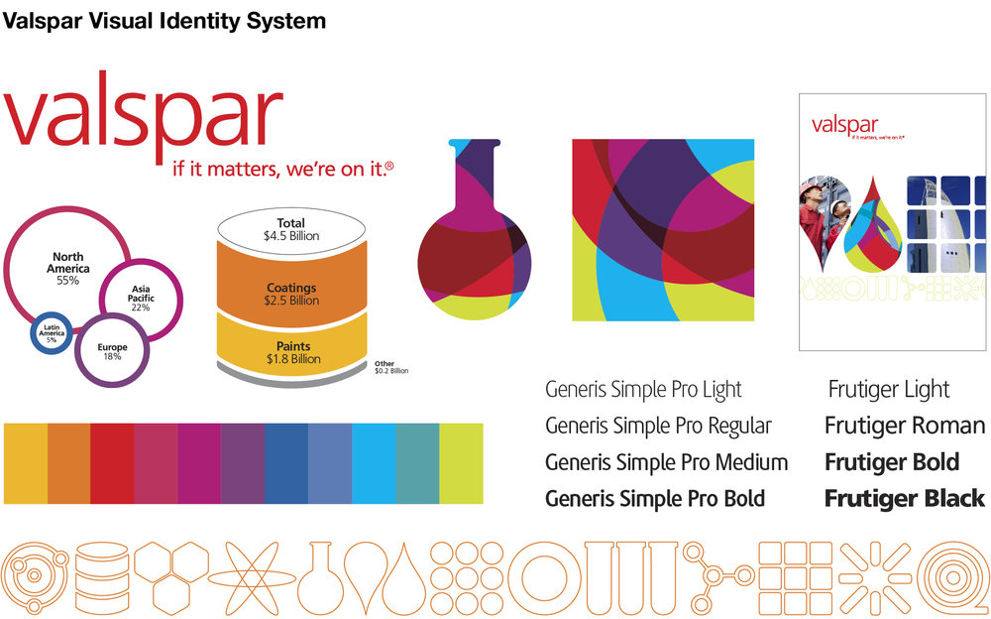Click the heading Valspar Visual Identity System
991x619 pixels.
(164, 20)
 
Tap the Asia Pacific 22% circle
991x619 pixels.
(141, 297)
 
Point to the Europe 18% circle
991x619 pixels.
(111, 350)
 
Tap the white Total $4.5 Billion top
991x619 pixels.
(291, 229)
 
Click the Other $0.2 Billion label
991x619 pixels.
(390, 367)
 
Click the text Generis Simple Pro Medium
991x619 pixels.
(666, 462)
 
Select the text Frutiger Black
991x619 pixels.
(904, 498)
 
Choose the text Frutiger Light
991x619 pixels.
(888, 390)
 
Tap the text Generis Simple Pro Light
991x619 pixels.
(643, 390)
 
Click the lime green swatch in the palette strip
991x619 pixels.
(461, 463)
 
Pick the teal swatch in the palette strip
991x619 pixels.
(417, 463)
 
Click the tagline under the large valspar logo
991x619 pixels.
(282, 170)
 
